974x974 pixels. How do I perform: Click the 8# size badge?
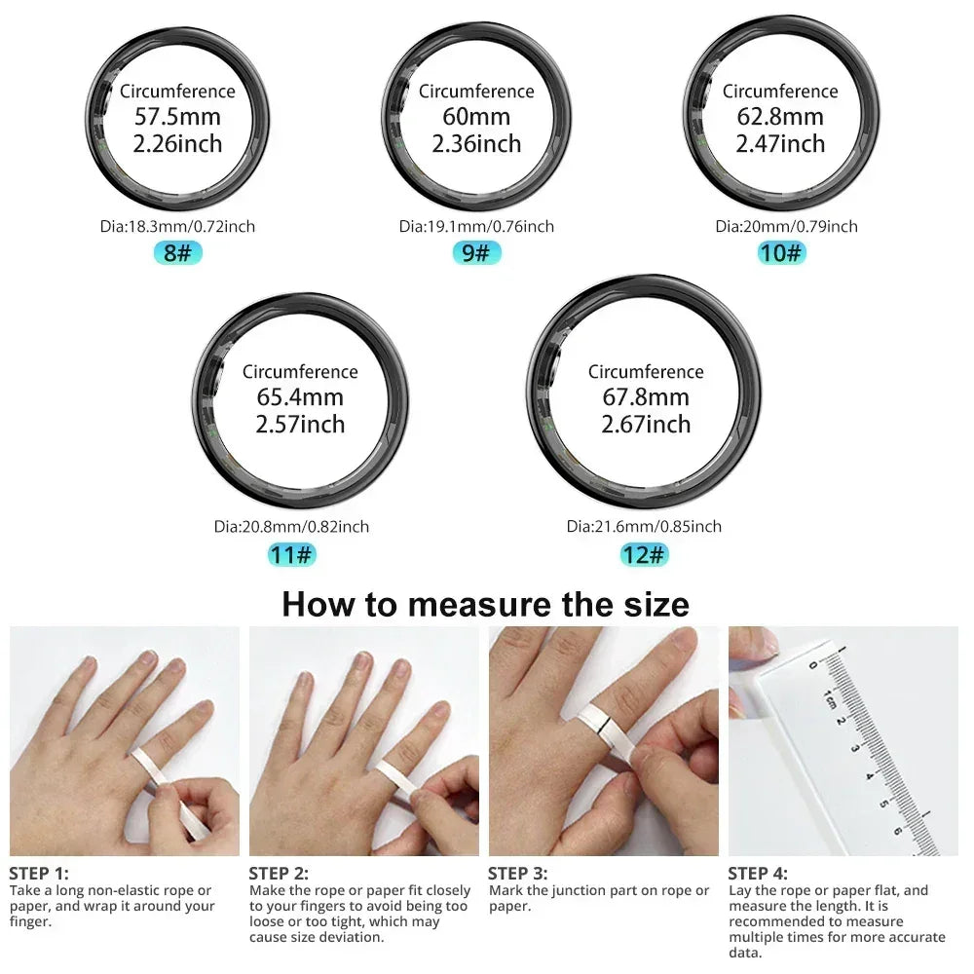[177, 254]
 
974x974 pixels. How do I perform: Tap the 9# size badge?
[476, 254]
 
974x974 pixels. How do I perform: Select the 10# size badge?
[781, 254]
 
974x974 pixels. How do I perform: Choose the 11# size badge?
[292, 555]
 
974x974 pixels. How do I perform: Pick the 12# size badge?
[645, 555]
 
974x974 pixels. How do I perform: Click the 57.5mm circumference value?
[177, 117]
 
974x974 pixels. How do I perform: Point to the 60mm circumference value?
[476, 117]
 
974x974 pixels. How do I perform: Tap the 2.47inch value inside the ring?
[779, 144]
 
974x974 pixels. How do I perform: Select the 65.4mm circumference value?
[300, 397]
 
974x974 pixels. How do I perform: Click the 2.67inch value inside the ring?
[646, 425]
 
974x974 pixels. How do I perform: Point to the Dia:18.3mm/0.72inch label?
[177, 227]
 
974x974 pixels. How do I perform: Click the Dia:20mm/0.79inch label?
[786, 227]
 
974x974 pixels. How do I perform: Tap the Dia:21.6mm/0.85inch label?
[644, 527]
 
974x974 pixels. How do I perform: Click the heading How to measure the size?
[485, 604]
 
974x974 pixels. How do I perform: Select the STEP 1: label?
[39, 874]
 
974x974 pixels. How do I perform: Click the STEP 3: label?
[517, 874]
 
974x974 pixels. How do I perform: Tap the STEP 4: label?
[758, 874]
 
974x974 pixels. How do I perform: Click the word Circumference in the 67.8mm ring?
[646, 372]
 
